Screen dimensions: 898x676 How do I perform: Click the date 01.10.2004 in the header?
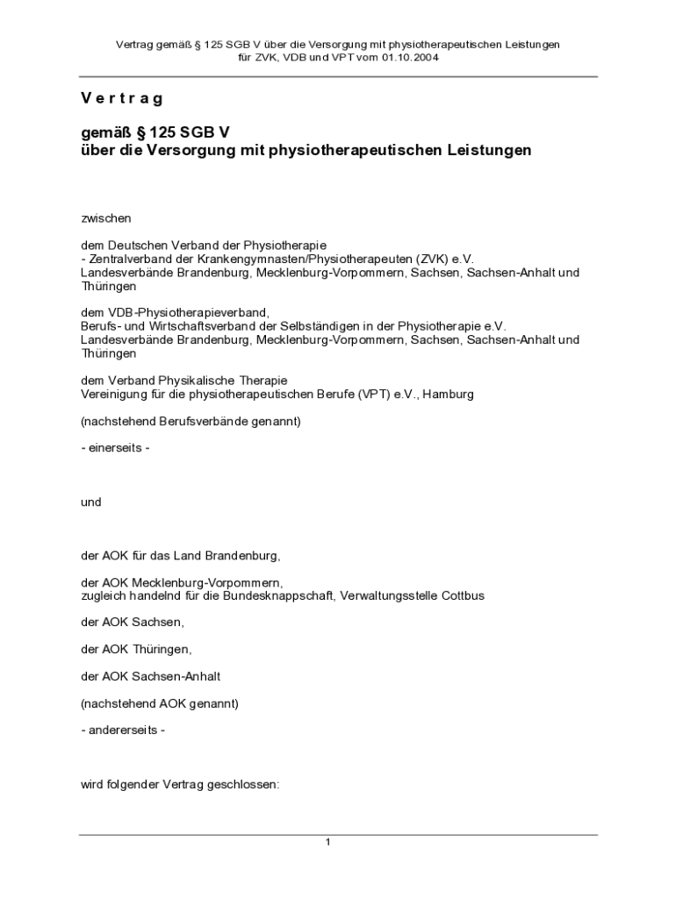[410, 57]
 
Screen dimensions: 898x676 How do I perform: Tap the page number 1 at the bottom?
[327, 843]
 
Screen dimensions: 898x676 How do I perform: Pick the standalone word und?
[91, 502]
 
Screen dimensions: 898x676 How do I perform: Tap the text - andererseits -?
[123, 731]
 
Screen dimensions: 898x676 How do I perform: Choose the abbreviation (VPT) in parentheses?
[373, 394]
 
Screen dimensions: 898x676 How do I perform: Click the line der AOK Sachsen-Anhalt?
[150, 676]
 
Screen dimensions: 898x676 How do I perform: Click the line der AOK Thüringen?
[135, 649]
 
